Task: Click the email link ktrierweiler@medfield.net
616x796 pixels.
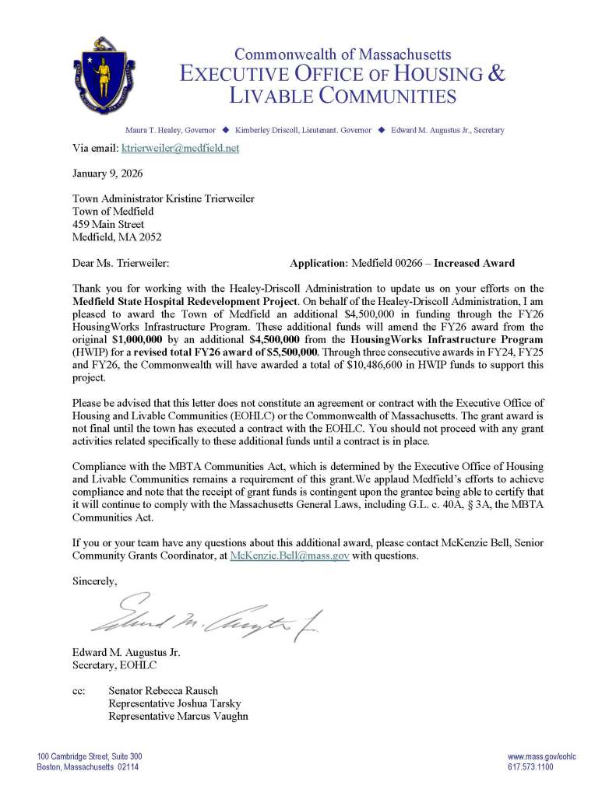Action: pyautogui.click(x=178, y=147)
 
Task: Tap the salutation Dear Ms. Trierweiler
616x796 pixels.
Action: pyautogui.click(x=120, y=263)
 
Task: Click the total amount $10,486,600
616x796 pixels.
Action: pyautogui.click(x=405, y=364)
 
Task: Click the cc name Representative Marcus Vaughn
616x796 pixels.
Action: pyautogui.click(x=178, y=716)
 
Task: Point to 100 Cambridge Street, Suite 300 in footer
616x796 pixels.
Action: pyautogui.click(x=90, y=756)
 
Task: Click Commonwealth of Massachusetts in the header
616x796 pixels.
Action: pyautogui.click(x=343, y=54)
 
